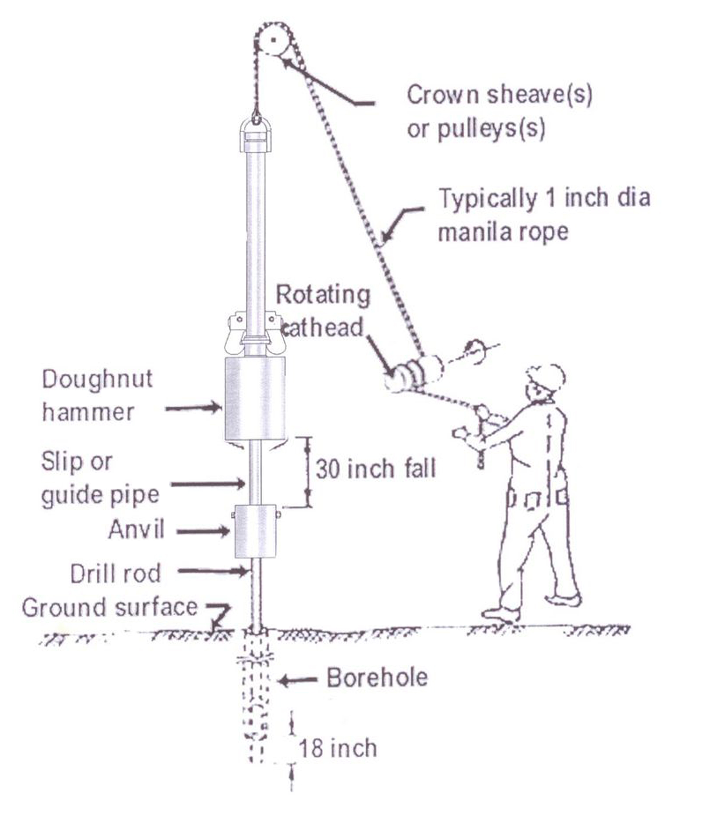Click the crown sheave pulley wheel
(x=274, y=40)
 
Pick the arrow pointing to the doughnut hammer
(x=193, y=408)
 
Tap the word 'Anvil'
(x=136, y=529)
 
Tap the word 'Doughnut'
(x=97, y=379)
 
